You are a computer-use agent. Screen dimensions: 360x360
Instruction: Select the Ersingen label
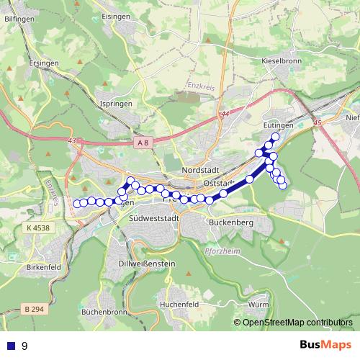point(45,63)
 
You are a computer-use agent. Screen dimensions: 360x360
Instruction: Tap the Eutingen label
point(279,125)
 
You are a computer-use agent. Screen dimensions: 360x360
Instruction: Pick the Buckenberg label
point(230,223)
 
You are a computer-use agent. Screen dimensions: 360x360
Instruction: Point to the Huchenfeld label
point(181,305)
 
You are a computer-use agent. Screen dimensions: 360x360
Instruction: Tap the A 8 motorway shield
point(143,143)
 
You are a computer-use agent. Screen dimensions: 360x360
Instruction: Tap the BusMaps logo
point(326,346)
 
